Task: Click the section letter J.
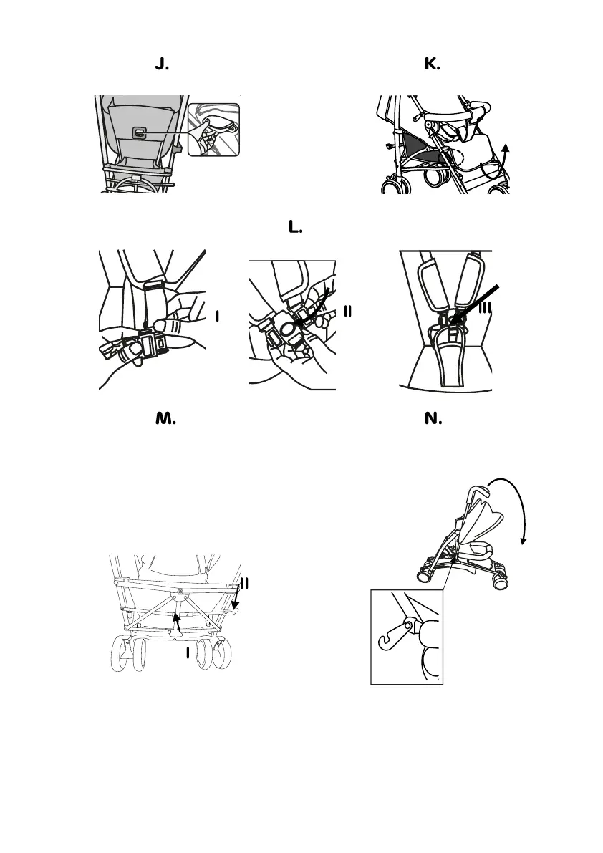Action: (162, 65)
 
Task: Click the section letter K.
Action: (432, 65)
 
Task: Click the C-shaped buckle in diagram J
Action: (140, 132)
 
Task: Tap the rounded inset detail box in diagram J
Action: (213, 130)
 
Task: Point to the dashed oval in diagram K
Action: (454, 158)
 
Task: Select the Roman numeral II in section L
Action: (349, 311)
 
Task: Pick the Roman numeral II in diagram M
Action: (244, 583)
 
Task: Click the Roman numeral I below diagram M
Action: (188, 652)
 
